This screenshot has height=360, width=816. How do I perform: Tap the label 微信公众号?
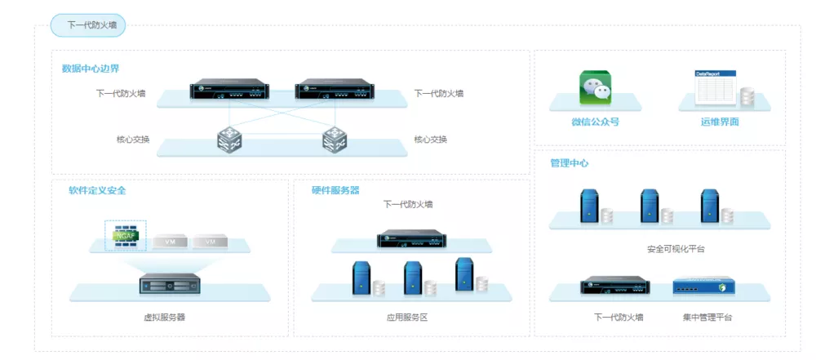[595, 122]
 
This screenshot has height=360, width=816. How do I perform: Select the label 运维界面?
[719, 122]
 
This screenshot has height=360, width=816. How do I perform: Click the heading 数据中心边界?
[91, 69]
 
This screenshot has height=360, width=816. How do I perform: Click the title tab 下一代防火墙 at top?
[89, 26]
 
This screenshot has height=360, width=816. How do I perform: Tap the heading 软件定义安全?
[97, 190]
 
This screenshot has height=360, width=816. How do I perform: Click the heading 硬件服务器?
[335, 190]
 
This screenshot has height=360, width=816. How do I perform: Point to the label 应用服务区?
[407, 317]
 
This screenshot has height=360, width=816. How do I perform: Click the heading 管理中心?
[570, 163]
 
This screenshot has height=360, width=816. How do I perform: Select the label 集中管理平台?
[707, 317]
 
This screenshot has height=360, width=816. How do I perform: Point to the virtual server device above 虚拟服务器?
[170, 286]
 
